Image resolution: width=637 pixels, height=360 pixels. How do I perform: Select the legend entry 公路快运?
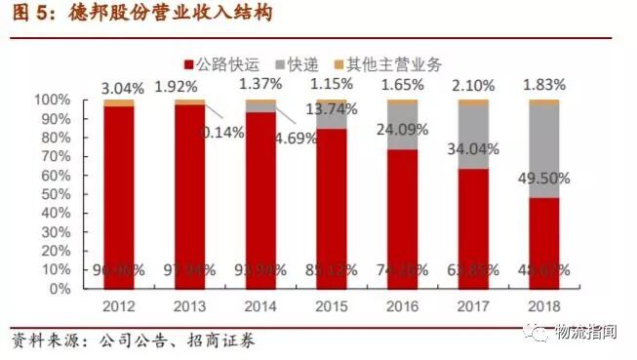pyautogui.click(x=223, y=65)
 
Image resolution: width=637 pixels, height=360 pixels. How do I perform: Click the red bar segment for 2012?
pyautogui.click(x=119, y=195)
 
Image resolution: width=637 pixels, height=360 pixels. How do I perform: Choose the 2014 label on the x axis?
pyautogui.click(x=260, y=307)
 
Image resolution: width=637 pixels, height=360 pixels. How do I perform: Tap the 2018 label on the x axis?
pyautogui.click(x=544, y=307)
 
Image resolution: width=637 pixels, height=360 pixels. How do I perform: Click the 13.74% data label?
pyautogui.click(x=332, y=109)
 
